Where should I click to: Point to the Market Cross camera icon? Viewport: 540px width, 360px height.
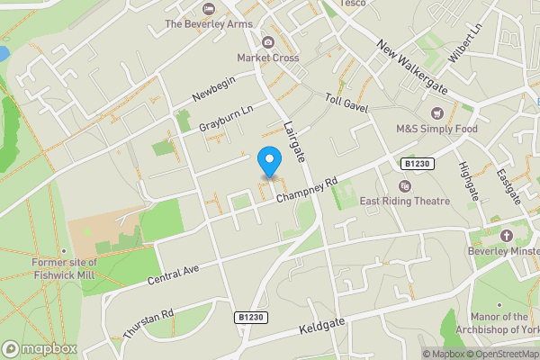268,41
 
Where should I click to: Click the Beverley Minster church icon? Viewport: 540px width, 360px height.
506,236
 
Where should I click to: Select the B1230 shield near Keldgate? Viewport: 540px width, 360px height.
252,318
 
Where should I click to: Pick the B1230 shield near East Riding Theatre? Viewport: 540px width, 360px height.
415,164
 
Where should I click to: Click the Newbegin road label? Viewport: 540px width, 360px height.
212,94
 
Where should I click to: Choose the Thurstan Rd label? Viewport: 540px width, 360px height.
148,325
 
